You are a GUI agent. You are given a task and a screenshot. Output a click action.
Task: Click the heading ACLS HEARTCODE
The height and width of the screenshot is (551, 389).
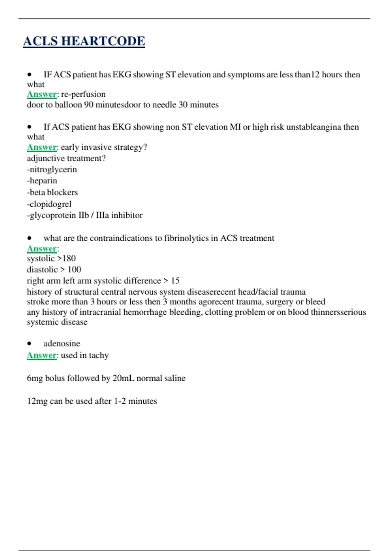point(84,41)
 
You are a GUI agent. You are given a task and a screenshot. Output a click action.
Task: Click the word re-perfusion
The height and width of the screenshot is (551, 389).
point(83,94)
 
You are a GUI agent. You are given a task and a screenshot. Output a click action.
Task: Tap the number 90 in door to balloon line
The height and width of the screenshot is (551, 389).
point(88,105)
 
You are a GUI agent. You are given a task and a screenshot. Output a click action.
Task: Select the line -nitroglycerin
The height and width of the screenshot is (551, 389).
point(52,170)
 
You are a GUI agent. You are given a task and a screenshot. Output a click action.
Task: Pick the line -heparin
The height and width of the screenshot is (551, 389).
point(42,181)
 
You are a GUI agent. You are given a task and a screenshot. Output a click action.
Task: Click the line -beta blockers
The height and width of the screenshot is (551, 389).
point(53,192)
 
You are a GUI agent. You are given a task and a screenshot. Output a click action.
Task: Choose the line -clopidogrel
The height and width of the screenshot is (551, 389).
point(49,204)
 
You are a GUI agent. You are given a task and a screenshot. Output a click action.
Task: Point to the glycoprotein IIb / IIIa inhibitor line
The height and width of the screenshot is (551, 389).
point(85,215)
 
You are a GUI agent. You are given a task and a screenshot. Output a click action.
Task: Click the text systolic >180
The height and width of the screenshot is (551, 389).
point(51,258)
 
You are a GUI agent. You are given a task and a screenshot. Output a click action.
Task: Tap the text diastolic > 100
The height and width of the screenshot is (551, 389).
point(54,269)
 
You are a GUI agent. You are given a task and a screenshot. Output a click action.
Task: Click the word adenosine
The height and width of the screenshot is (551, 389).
point(62,344)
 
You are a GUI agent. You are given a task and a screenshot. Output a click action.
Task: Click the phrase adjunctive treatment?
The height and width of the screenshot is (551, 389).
point(66,158)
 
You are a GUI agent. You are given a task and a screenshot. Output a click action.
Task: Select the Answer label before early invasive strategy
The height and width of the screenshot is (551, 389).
point(41,147)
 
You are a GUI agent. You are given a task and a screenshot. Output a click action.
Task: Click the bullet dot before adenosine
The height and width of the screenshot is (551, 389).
point(29,344)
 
